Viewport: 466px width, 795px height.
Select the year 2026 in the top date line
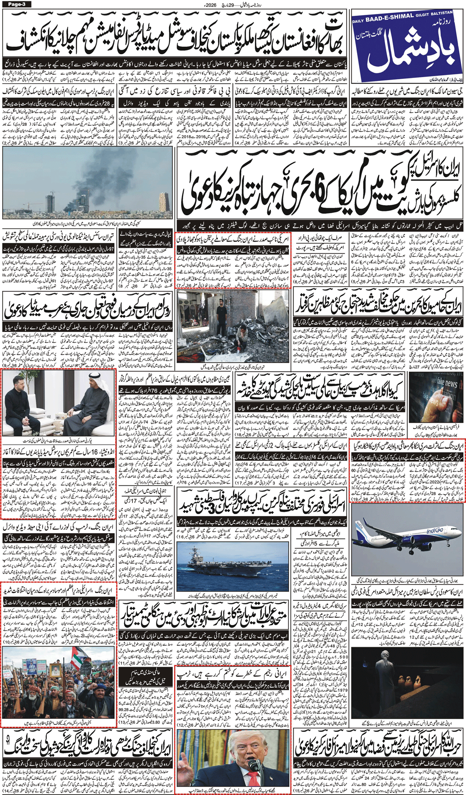click(x=210, y=4)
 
